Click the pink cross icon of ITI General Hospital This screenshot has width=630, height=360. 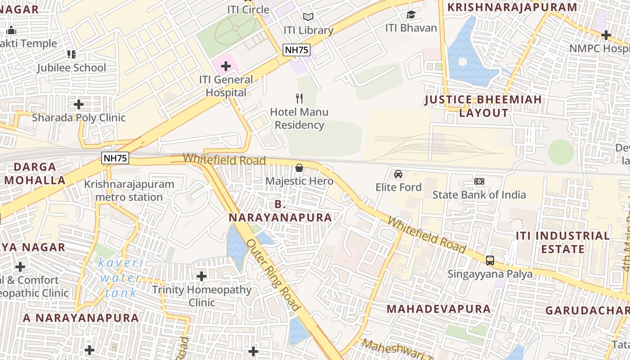pos(226,67)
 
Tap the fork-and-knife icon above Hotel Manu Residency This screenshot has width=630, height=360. pos(299,99)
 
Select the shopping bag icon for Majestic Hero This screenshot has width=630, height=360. pos(299,168)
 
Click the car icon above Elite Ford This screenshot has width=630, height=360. pos(398,174)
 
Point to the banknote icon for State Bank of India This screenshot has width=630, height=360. pos(479,181)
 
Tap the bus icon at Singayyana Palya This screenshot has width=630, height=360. pos(490,261)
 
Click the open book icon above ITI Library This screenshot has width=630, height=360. pos(308,17)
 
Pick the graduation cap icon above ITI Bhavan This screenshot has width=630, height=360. pos(411,15)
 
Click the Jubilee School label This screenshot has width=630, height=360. pos(72,68)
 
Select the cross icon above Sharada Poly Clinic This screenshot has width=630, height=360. pos(79,104)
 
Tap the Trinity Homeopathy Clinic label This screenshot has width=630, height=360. pos(202,296)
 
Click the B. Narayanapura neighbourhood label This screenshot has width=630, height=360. pos(280,211)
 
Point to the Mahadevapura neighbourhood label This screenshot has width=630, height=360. pos(439,309)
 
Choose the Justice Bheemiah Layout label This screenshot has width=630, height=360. pos(484,106)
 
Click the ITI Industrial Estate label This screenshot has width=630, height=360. pos(562,243)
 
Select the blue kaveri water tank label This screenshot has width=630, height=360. pos(121,278)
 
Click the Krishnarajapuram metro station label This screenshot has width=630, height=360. pos(129,191)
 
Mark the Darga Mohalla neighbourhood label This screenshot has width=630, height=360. pos(35,174)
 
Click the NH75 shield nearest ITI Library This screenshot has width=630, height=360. pos(297,50)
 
